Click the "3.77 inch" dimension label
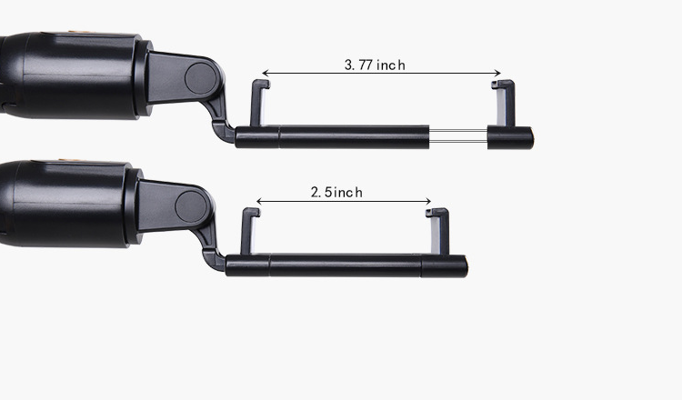pyautogui.click(x=375, y=65)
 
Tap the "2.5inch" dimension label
pyautogui.click(x=336, y=192)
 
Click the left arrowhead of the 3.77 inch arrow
pyautogui.click(x=266, y=73)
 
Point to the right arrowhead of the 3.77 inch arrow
pyautogui.click(x=498, y=73)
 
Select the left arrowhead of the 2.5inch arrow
pyautogui.click(x=259, y=201)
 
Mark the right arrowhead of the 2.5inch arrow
pyautogui.click(x=428, y=201)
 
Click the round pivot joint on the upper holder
pyautogui.click(x=201, y=78)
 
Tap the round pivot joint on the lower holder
pyautogui.click(x=191, y=206)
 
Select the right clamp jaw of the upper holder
pyautogui.click(x=504, y=103)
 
